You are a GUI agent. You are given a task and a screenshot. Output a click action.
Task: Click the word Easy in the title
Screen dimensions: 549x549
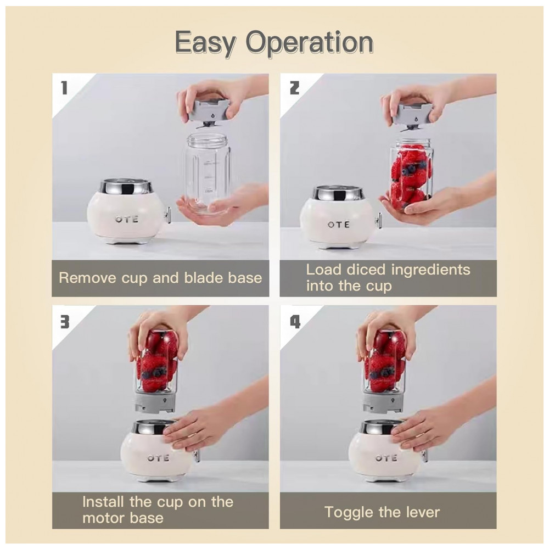click(x=205, y=43)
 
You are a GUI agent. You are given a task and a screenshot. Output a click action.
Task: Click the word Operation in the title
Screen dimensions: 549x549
click(x=310, y=43)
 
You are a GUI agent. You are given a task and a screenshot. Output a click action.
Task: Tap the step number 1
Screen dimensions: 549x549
click(x=64, y=87)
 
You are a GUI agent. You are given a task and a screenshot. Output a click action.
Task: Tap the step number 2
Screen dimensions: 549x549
click(x=294, y=87)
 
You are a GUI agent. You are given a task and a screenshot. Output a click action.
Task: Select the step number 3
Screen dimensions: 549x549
click(x=65, y=322)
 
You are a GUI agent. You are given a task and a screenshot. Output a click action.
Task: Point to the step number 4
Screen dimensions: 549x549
click(x=295, y=322)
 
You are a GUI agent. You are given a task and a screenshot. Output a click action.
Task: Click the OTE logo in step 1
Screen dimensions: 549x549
click(x=127, y=220)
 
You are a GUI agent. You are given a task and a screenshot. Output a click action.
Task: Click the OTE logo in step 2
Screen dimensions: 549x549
click(x=339, y=225)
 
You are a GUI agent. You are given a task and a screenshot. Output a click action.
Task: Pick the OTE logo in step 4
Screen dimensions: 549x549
click(x=386, y=458)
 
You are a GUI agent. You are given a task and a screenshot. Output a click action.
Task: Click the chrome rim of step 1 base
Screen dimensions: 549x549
click(x=126, y=188)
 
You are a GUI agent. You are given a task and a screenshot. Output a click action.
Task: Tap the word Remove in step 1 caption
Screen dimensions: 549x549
click(x=87, y=278)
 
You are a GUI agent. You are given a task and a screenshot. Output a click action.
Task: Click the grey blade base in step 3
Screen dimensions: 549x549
click(x=155, y=402)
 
